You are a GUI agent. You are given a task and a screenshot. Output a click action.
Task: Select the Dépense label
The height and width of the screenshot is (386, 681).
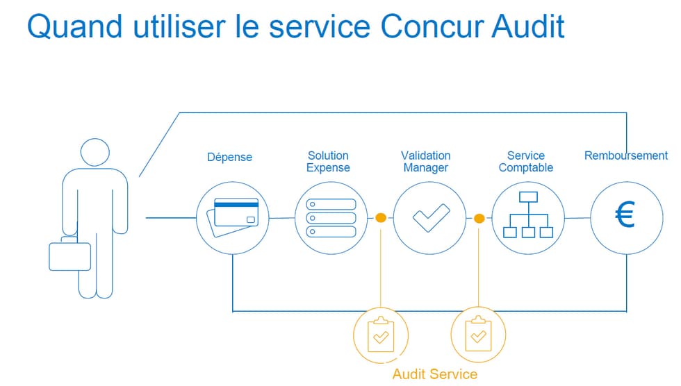click(229, 157)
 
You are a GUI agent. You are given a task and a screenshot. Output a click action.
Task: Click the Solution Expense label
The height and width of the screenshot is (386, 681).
click(328, 162)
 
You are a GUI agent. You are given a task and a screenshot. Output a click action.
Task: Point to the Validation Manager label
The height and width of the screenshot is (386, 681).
click(425, 162)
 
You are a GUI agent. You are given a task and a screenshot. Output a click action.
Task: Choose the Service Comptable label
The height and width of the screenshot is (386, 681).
click(525, 162)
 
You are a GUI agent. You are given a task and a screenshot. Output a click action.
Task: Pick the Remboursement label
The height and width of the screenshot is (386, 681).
click(626, 156)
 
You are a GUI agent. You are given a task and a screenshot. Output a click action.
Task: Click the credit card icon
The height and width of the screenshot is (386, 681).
click(233, 217)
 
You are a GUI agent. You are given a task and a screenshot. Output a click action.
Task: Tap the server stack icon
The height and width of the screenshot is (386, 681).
click(331, 218)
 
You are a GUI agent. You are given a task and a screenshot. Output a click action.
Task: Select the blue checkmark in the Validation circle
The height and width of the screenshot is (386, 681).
click(431, 218)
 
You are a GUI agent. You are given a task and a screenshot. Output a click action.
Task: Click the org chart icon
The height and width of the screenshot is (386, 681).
click(528, 215)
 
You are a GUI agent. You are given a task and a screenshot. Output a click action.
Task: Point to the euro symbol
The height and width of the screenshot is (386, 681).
click(625, 215)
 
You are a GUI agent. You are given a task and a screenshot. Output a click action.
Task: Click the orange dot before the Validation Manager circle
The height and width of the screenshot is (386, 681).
click(381, 218)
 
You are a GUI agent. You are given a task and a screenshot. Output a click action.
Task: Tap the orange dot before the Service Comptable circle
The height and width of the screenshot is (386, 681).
click(479, 218)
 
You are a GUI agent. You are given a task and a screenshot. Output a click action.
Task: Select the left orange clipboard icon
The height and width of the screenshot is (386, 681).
click(381, 335)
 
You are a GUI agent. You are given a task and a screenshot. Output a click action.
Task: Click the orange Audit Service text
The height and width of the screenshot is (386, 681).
click(435, 374)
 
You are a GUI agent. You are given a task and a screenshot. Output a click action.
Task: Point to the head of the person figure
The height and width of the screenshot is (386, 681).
click(95, 152)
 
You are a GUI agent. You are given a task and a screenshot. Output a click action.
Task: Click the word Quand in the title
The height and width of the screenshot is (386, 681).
click(74, 27)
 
